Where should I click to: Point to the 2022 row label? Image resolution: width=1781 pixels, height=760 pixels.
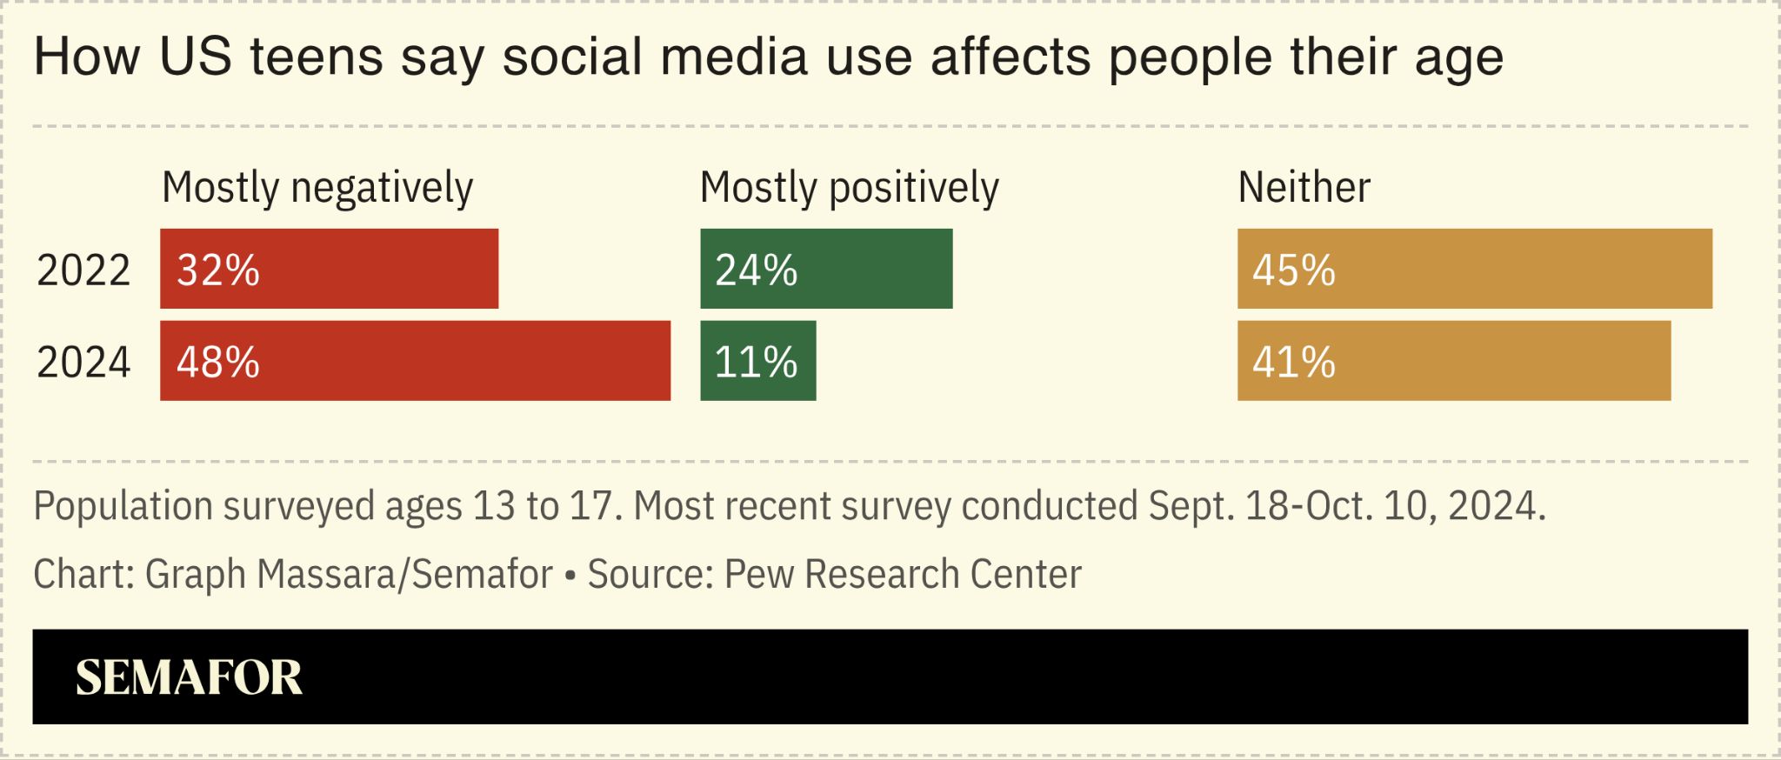point(83,270)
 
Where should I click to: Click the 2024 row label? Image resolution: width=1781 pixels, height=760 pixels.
point(83,362)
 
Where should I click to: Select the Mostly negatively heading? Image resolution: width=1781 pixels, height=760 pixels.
point(317,188)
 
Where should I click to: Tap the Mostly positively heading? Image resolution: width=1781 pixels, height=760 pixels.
point(850,188)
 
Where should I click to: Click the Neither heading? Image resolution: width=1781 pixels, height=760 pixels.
point(1304,188)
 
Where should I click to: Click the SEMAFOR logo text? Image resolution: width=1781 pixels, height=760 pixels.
point(189,677)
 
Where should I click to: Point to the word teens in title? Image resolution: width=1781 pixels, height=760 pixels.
point(317,57)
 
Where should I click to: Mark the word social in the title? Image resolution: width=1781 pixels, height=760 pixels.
point(572,57)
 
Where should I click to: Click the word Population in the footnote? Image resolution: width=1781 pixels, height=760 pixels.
point(123,506)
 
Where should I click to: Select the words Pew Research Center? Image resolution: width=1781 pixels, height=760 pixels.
point(903,574)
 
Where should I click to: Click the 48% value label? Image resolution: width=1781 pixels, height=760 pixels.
point(218,362)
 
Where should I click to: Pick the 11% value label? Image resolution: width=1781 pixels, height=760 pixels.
point(756,362)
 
